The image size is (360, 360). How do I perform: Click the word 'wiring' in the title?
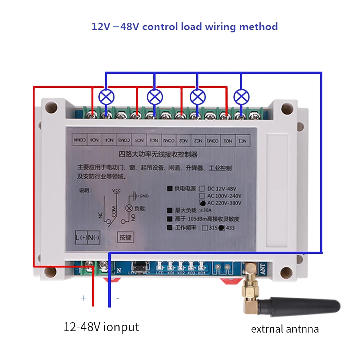[219, 27]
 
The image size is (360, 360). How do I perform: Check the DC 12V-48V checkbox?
[202, 188]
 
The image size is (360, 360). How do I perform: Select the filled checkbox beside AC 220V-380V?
[202, 203]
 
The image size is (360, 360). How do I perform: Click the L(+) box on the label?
[82, 238]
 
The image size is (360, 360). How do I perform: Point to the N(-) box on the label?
[94, 238]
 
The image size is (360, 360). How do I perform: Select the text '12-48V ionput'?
[101, 327]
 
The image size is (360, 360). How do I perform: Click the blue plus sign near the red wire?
[83, 298]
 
